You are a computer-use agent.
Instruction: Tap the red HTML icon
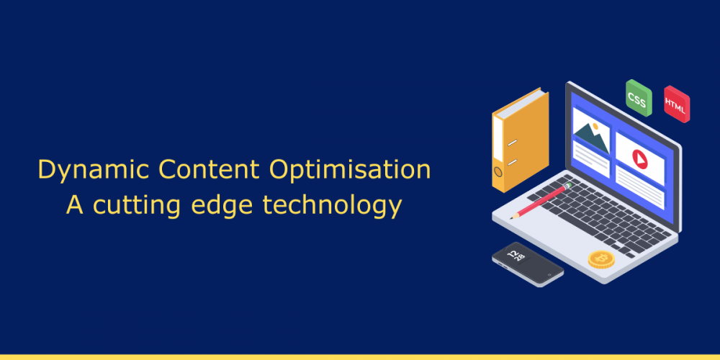coord(675,104)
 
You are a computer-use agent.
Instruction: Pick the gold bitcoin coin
coord(601,258)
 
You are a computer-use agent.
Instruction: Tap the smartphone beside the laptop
coord(527,264)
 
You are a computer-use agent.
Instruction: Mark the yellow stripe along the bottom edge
coord(360,356)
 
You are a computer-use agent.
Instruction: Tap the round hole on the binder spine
coord(498,171)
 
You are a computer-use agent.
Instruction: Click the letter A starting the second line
coord(74,204)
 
